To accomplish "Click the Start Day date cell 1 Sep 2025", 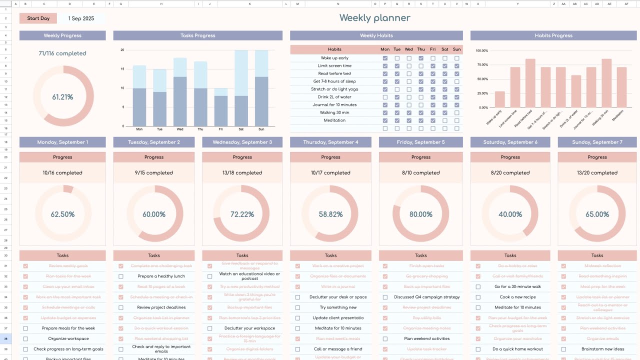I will click(81, 18).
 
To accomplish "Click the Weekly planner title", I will click(374, 18).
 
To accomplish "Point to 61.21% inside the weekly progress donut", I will click(62, 97).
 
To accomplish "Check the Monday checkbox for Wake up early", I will click(385, 58).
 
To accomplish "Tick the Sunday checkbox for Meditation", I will click(456, 120).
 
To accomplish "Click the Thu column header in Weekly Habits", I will click(421, 49).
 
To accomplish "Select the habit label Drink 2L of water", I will click(334, 97).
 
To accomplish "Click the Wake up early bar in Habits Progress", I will click(499, 99).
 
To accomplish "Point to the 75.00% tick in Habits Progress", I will click(481, 64).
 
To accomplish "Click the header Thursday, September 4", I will click(330, 142).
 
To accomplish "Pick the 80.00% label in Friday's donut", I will click(421, 214).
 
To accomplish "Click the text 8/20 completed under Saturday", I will click(510, 173).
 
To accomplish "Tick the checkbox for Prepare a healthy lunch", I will click(121, 276).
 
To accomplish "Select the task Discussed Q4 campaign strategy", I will click(426, 297).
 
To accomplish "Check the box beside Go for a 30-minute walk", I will click(478, 287).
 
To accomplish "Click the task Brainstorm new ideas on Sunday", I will click(602, 349).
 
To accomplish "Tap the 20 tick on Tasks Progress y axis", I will click(122, 50).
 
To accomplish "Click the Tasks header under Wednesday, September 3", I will click(242, 255).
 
